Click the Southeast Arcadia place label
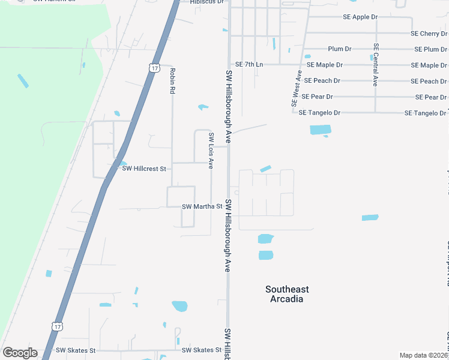point(287,294)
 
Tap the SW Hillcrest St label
point(144,169)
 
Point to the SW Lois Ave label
point(211,151)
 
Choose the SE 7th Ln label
point(249,64)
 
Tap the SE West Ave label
point(296,88)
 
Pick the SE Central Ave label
point(376,65)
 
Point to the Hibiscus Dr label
point(206,2)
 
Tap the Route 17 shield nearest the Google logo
point(56,326)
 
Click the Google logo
point(20,353)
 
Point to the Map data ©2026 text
point(423,355)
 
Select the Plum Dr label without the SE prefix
point(340,49)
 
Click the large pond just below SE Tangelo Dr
point(320,130)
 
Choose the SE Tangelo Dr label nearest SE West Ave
point(319,113)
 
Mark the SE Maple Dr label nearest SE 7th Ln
point(325,65)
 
